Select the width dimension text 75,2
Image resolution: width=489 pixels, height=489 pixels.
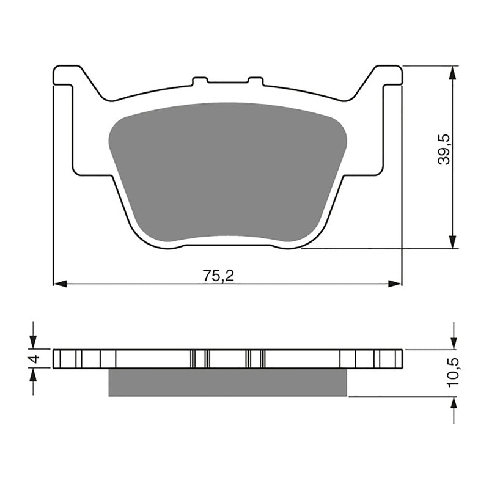coord(219,276)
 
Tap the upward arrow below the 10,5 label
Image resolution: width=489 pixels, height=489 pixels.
coord(453,405)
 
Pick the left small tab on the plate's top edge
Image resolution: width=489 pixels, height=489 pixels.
coord(200,80)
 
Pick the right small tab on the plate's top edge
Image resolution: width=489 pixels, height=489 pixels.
coord(255,80)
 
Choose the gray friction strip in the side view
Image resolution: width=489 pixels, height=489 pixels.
coord(227,383)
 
